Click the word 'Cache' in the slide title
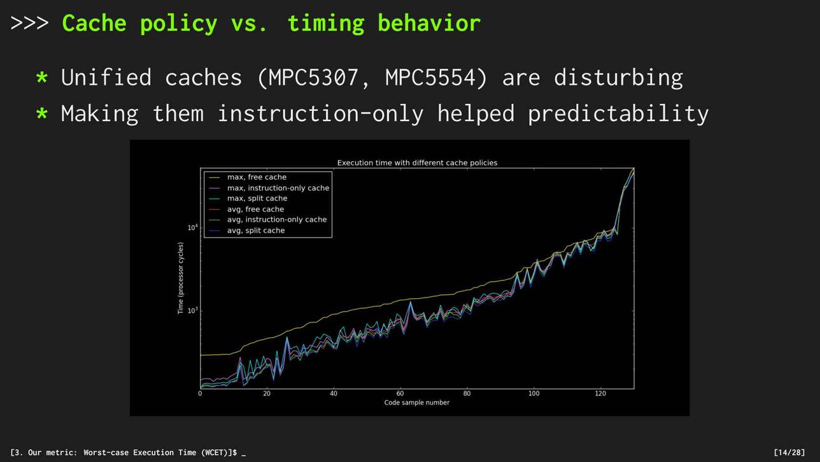point(94,23)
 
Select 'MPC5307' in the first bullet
point(313,78)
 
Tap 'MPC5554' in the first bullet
point(430,78)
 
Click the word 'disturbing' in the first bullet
point(618,78)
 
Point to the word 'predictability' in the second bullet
point(618,114)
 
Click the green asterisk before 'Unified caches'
point(42,77)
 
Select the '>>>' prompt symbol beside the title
point(29,23)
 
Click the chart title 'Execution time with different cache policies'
point(418,162)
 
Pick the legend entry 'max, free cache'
point(257,177)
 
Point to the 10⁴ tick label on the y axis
point(192,227)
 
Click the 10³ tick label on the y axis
point(192,311)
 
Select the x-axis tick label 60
point(400,393)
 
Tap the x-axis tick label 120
point(600,393)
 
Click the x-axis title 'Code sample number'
point(416,403)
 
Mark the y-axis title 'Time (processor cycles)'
point(180,278)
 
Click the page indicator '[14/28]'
point(789,452)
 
